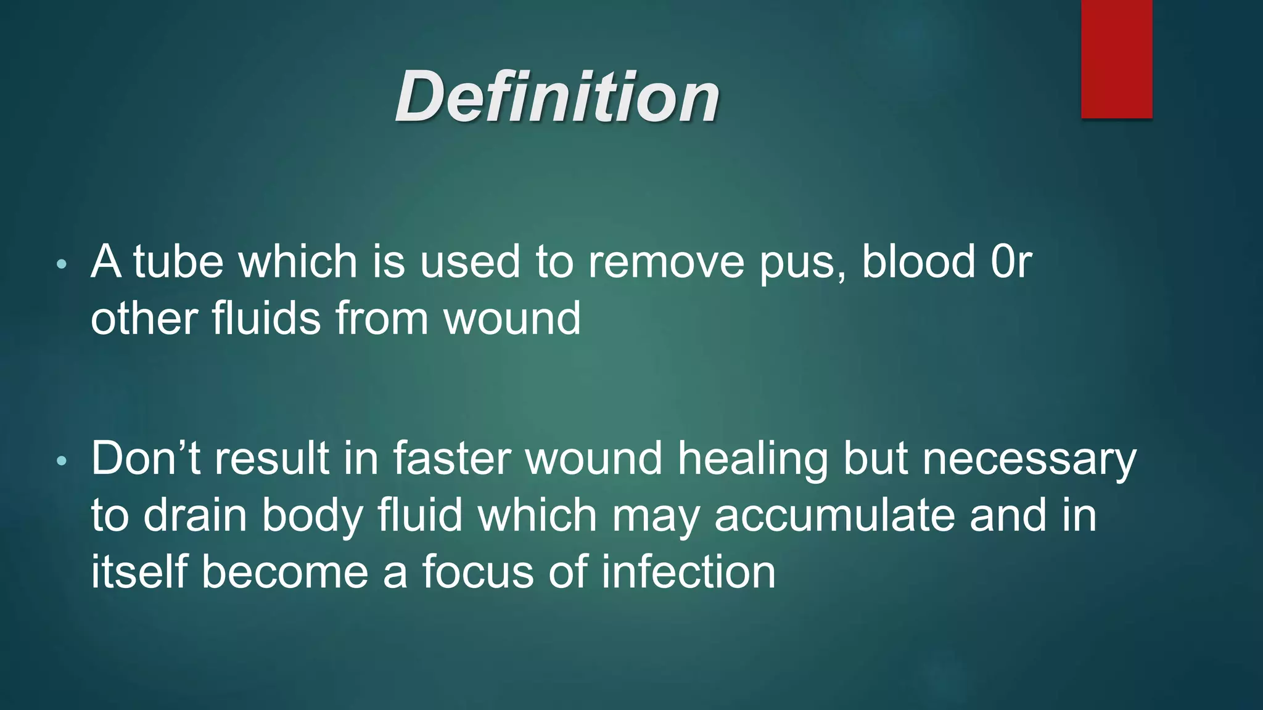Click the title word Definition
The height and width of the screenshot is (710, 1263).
click(557, 97)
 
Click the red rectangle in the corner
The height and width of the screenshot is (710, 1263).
click(1116, 59)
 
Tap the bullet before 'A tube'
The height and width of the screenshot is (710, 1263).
click(60, 265)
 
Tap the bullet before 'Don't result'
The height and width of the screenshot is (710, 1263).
click(60, 461)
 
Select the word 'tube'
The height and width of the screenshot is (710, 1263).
click(178, 262)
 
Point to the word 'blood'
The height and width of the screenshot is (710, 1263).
click(918, 262)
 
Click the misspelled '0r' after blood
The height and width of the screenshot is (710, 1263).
click(1011, 262)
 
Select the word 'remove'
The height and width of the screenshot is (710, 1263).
click(666, 262)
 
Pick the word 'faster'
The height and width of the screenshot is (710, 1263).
click(452, 459)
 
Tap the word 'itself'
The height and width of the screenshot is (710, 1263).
click(139, 572)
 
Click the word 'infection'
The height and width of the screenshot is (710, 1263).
click(688, 572)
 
